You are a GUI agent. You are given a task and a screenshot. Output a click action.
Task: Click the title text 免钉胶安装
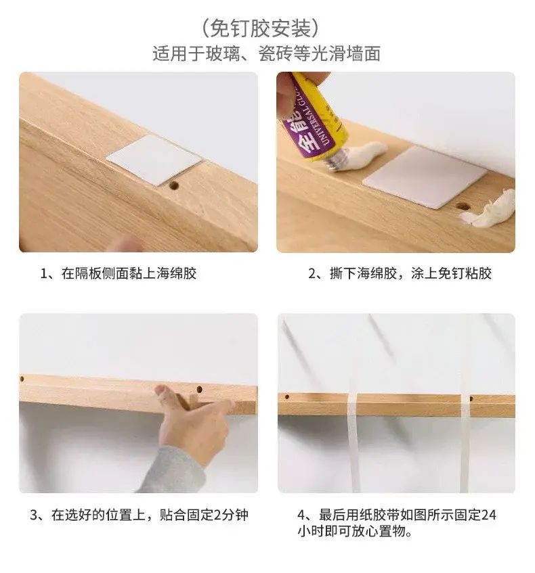[x=260, y=28]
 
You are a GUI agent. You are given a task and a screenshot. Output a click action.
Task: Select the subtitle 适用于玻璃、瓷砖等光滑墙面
[x=266, y=53]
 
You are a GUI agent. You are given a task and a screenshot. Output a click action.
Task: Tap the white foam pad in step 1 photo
[x=154, y=160]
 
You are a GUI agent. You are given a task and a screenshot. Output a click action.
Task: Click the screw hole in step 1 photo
[x=174, y=185]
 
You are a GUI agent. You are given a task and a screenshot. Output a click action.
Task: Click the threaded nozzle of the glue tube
[x=336, y=160]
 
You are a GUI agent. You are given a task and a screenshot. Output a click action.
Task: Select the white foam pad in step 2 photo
[x=425, y=177]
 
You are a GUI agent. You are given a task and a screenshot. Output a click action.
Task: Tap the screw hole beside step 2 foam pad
[x=463, y=206]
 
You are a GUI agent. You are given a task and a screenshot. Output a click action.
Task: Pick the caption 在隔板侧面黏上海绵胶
[x=129, y=273]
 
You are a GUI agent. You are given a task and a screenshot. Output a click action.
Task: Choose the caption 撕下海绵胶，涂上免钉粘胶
[x=410, y=273]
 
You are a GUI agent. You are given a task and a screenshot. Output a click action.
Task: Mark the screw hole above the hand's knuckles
[x=199, y=389]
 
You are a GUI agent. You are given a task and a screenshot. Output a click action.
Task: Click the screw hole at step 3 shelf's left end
[x=22, y=379]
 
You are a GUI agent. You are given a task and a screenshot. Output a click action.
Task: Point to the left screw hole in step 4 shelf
[x=287, y=396]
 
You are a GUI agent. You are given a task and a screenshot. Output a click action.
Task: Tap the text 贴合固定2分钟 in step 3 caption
[x=205, y=515]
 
